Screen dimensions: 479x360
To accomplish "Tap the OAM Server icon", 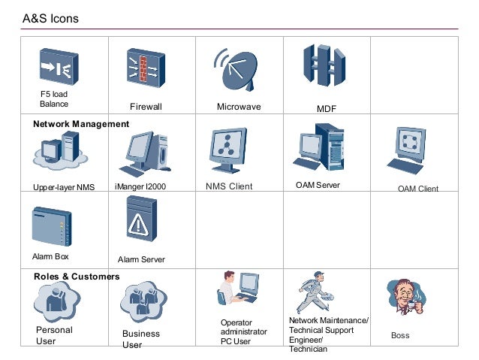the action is click(320, 148).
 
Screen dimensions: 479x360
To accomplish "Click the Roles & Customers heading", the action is click(77, 277).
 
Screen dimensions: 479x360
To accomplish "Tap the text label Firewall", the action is click(146, 107).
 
